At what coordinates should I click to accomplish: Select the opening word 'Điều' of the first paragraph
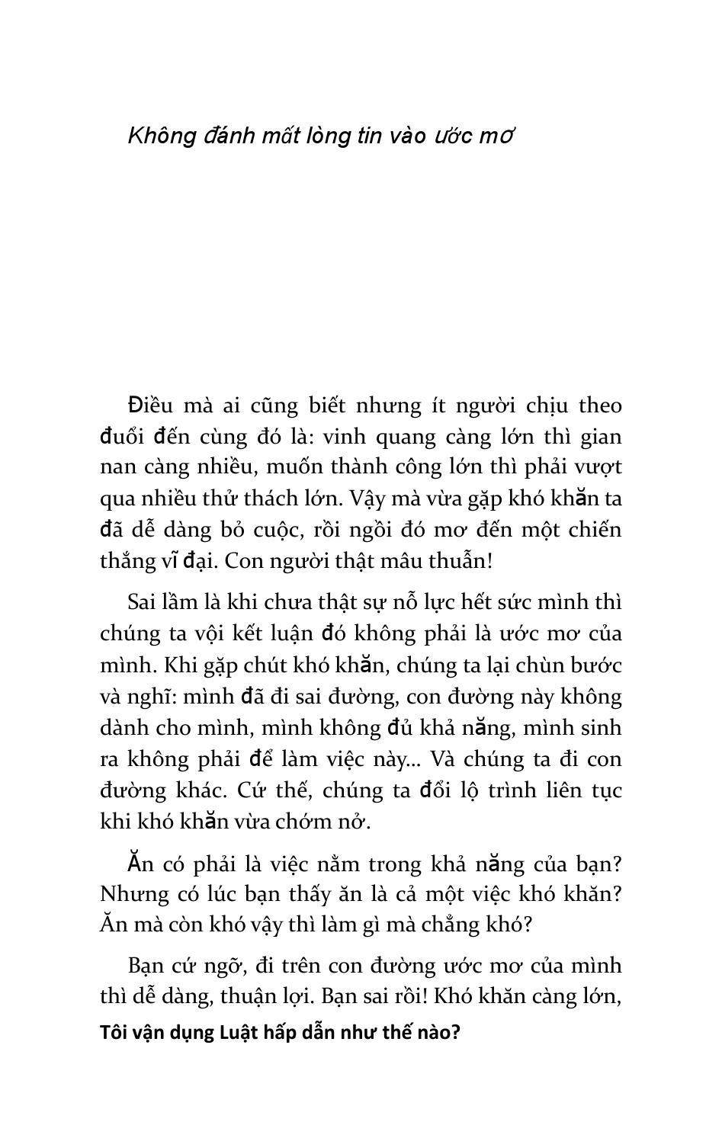point(152,405)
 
